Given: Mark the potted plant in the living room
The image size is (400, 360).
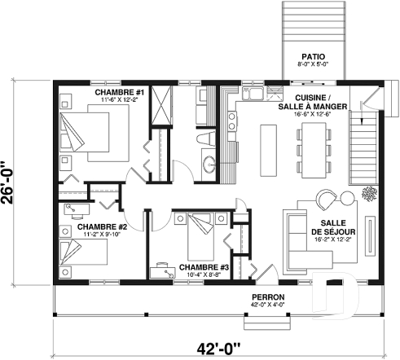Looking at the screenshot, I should pos(367,194).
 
